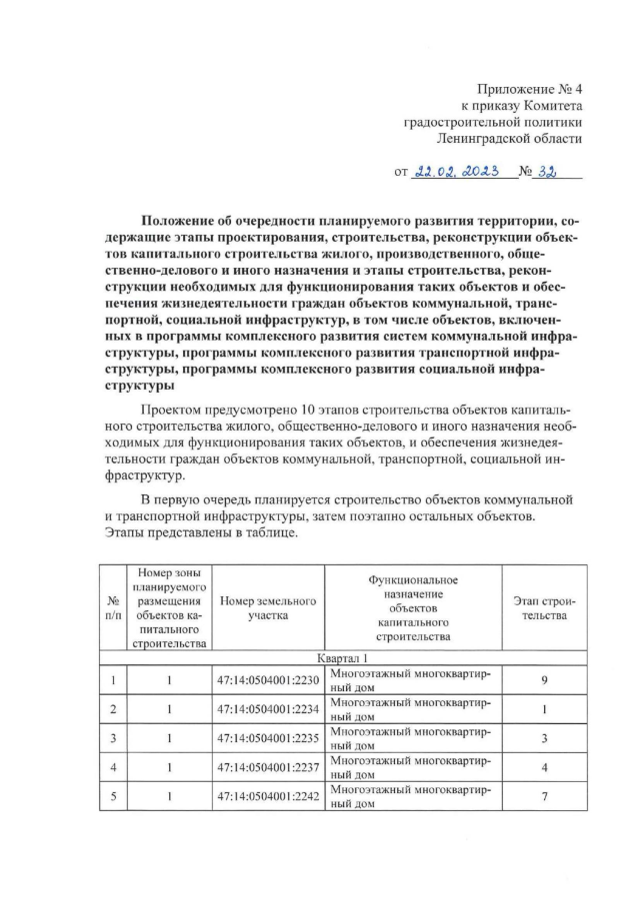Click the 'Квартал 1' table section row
[343, 659]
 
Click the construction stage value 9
[544, 681]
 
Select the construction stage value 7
[544, 797]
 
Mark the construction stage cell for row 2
[544, 710]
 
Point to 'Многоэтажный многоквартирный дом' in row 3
[410, 739]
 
